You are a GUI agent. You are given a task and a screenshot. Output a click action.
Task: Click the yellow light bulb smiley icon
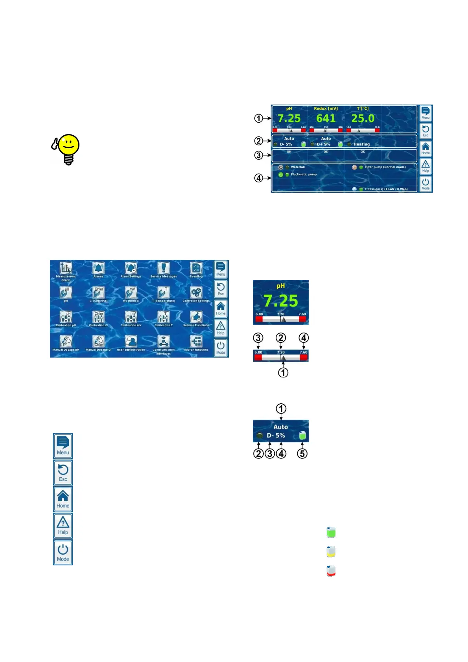67,149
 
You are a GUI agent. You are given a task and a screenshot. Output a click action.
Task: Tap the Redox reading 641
326,118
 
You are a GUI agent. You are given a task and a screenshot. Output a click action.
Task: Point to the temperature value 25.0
363,118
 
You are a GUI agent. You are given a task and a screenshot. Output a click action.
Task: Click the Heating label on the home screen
361,144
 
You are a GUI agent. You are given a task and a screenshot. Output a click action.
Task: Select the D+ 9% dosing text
324,144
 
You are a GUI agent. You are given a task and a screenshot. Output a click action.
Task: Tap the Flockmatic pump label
304,175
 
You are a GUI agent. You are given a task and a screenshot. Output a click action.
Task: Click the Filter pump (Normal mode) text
385,167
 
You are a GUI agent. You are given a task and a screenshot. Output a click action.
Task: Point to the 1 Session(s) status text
386,189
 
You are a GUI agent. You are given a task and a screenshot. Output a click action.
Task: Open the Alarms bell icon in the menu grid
98,268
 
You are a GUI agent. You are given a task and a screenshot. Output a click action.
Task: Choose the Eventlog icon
196,268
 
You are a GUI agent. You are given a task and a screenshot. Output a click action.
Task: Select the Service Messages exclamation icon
164,268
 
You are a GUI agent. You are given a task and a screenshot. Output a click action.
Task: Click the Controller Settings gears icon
196,292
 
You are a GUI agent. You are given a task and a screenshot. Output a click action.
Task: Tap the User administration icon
131,341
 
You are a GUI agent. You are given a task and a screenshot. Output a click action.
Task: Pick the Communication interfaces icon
164,341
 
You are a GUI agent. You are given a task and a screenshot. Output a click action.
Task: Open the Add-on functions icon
196,341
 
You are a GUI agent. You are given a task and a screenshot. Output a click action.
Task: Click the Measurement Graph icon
66,268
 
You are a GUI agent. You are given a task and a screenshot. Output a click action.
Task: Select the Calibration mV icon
131,317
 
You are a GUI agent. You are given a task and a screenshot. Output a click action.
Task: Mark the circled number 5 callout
302,453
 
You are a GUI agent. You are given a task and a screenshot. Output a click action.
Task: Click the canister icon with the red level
331,571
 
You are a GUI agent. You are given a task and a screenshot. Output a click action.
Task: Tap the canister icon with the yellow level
331,552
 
